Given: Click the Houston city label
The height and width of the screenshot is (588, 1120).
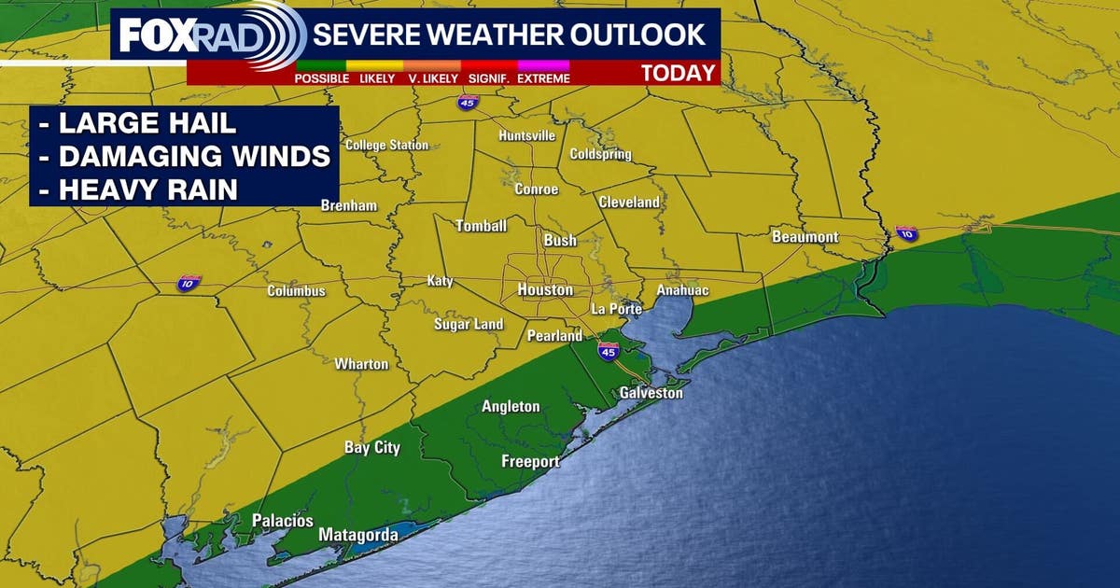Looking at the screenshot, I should pyautogui.click(x=545, y=290).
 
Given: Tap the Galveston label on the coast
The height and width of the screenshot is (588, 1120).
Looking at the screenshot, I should pyautogui.click(x=651, y=393).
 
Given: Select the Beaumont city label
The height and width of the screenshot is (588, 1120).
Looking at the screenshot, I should pyautogui.click(x=805, y=237).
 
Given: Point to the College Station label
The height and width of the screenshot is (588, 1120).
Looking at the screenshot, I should pyautogui.click(x=386, y=146).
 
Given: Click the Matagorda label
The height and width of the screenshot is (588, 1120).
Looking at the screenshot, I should pyautogui.click(x=358, y=536).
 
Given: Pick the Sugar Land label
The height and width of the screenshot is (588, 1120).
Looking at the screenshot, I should pyautogui.click(x=469, y=325).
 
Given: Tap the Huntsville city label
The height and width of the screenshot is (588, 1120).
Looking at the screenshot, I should pyautogui.click(x=526, y=135).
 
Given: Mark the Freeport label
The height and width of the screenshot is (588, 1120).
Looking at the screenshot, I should pyautogui.click(x=530, y=462).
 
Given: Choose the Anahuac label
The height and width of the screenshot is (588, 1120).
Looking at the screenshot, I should pyautogui.click(x=682, y=291).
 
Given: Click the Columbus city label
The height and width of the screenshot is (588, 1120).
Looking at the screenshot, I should pyautogui.click(x=296, y=291).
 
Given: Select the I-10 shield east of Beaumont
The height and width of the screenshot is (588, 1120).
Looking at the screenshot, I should pyautogui.click(x=906, y=233).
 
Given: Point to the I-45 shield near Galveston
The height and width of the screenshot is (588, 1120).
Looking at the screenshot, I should pyautogui.click(x=608, y=351).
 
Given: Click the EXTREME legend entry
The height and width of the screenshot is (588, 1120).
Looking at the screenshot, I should pyautogui.click(x=543, y=78).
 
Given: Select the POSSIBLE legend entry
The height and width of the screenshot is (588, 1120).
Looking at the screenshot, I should pyautogui.click(x=322, y=78).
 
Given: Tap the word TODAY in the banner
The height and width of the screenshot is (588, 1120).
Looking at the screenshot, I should pyautogui.click(x=678, y=73).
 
